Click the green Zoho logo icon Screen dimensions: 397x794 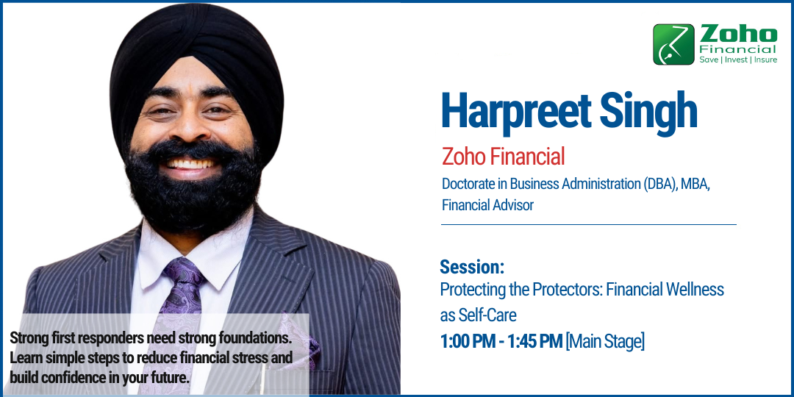point(673,44)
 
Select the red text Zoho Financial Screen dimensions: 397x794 point(503,157)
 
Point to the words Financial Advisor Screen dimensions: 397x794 point(487,205)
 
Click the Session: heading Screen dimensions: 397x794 point(472,267)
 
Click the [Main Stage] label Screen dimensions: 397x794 point(605,341)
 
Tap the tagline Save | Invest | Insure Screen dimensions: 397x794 point(737,60)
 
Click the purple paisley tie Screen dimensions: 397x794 point(181,294)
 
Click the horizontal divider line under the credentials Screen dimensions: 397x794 point(588,224)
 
